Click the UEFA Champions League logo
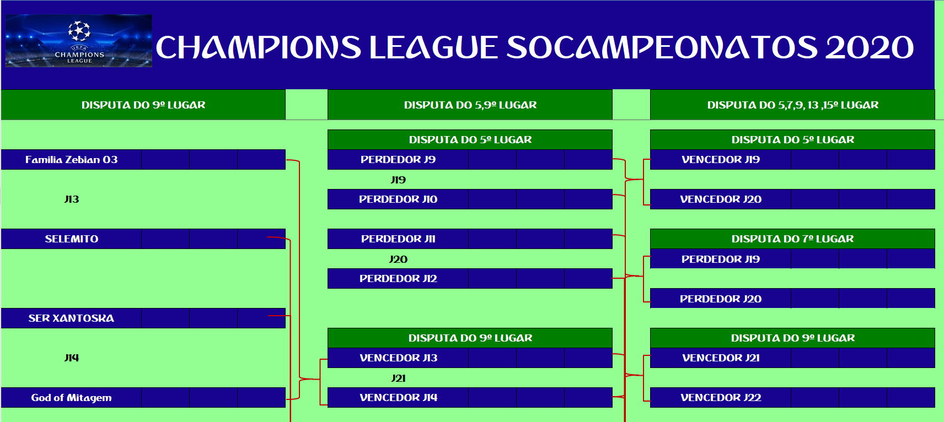(x=79, y=41)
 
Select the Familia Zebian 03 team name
(x=71, y=160)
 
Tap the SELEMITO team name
(x=72, y=239)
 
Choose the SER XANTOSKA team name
(x=71, y=318)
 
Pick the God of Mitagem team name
(x=71, y=398)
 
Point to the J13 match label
(x=72, y=199)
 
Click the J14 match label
(x=72, y=358)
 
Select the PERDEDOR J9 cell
(x=398, y=160)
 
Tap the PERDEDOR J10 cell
(x=398, y=199)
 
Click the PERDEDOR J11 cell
(x=398, y=239)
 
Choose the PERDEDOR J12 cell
(x=398, y=278)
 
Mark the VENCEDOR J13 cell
(x=398, y=358)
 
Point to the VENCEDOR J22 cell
(x=721, y=398)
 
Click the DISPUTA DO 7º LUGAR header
(x=792, y=239)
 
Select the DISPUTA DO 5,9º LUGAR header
(x=470, y=105)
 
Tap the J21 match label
(x=398, y=378)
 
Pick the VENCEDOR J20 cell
(x=721, y=199)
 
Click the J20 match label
(x=398, y=259)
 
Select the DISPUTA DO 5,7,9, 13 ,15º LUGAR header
(x=792, y=105)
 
